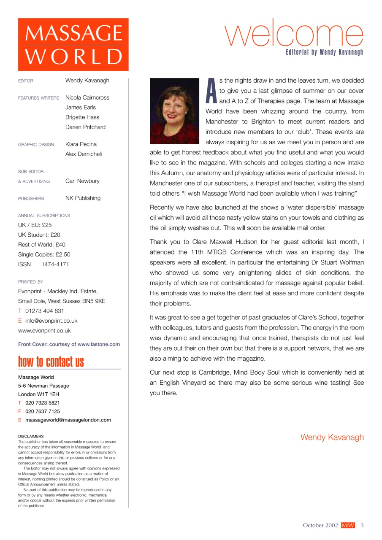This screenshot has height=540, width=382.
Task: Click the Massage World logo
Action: point(73,44)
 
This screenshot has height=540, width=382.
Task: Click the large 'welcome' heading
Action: point(293,33)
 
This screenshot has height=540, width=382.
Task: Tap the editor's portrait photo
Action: point(174,111)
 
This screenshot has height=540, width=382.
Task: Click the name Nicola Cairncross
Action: point(87,97)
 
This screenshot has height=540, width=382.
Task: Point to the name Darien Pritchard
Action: point(85,127)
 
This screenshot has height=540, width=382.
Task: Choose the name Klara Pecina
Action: point(81,144)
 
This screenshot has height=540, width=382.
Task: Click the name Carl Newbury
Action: point(82,181)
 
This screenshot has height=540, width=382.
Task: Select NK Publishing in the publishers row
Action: point(83,198)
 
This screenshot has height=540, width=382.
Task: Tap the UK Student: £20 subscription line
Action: point(39,235)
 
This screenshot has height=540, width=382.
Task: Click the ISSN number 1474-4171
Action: point(55,265)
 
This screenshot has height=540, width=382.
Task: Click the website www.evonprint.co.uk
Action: point(44,331)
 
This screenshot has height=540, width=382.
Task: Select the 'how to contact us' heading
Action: point(51,362)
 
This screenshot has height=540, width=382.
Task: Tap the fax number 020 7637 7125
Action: point(42,411)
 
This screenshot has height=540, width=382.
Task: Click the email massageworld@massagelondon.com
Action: point(68,420)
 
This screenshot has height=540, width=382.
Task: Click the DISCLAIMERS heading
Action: point(31,436)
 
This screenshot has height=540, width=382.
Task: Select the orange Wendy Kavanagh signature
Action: point(332,437)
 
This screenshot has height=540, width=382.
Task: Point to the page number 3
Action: point(362,525)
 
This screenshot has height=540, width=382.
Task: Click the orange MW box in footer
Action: point(348,525)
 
